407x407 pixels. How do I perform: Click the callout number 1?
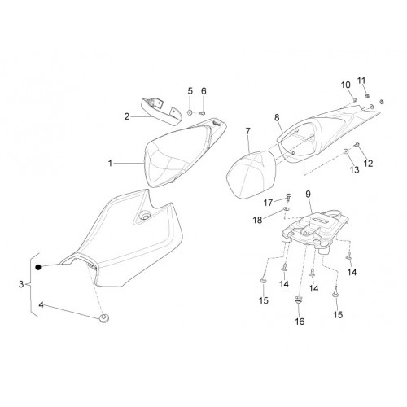110,164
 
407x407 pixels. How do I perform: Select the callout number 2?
127,116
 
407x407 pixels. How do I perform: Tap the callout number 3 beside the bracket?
21,284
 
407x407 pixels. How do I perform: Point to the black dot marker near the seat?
38,267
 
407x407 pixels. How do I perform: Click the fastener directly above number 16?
298,300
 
